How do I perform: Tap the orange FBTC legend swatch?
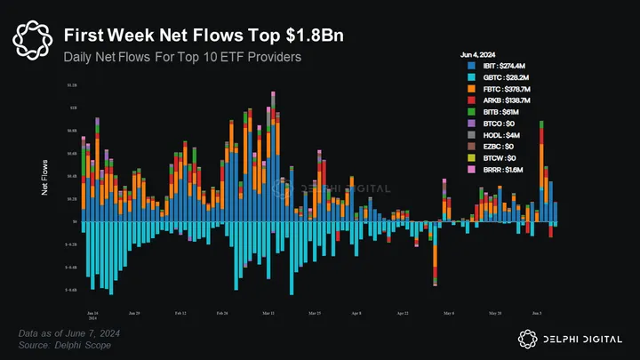point(470,89)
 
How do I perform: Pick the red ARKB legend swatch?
point(470,100)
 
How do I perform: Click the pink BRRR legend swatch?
point(470,169)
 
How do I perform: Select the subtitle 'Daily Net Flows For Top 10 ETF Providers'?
point(182,57)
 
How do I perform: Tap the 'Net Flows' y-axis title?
point(45,178)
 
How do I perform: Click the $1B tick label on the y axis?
point(73,107)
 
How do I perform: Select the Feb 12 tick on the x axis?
point(180,314)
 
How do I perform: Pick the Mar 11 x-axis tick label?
point(268,314)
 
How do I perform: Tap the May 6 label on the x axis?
point(448,314)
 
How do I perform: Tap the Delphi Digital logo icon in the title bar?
point(33,38)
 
